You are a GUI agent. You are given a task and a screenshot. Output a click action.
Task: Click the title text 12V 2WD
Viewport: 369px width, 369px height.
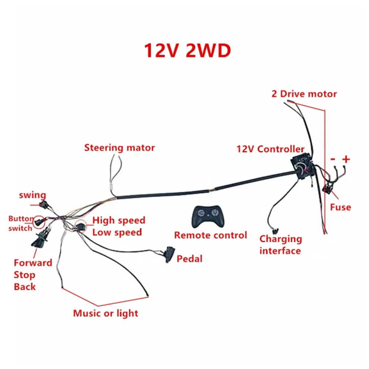(x=187, y=51)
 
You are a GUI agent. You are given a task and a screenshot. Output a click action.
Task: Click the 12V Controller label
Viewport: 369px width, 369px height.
(x=270, y=149)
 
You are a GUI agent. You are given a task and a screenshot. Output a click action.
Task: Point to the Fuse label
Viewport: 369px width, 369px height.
(x=340, y=207)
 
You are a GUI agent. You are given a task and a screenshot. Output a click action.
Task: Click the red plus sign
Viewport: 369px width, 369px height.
(x=346, y=159)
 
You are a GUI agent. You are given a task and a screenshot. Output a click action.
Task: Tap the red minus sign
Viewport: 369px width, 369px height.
(x=333, y=160)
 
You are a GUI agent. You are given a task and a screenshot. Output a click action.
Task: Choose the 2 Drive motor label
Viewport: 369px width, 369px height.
(x=304, y=94)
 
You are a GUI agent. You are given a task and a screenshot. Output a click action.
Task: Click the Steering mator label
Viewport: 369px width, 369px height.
(x=120, y=148)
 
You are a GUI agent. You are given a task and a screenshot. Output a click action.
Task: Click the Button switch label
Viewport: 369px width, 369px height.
(x=21, y=223)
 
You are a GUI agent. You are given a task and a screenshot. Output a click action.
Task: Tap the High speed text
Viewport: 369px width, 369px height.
(x=118, y=221)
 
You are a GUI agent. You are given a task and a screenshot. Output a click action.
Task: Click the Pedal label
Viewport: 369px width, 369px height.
(x=190, y=259)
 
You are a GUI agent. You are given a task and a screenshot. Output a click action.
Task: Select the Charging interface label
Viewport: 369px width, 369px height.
(x=280, y=245)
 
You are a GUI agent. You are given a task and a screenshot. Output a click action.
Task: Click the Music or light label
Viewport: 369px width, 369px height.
(x=106, y=313)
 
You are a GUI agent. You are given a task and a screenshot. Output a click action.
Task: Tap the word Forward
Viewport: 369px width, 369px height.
(x=33, y=263)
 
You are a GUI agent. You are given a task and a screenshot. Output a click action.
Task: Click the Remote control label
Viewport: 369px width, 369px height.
(x=210, y=235)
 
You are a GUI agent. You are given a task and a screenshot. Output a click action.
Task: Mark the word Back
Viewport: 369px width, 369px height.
(x=25, y=287)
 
